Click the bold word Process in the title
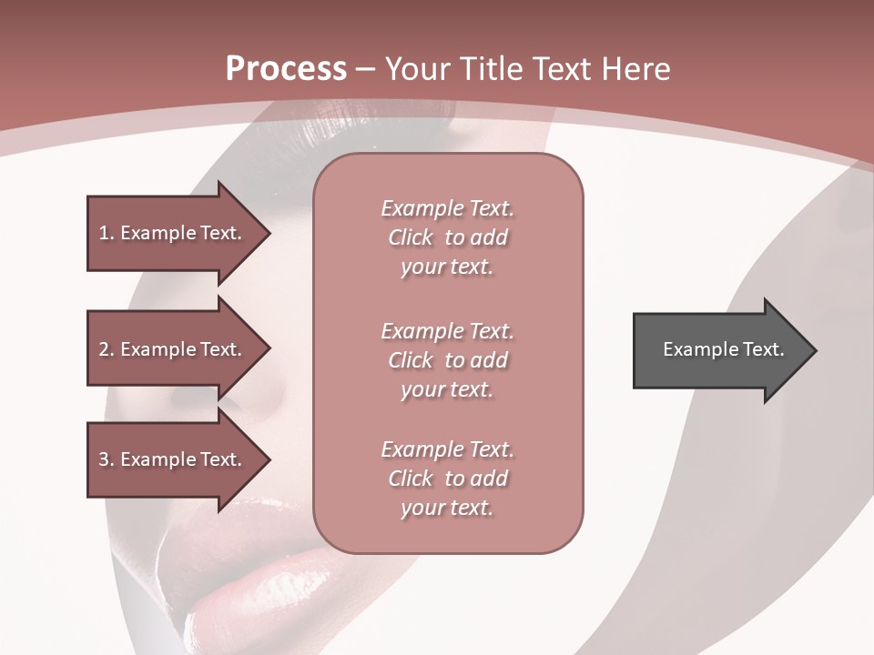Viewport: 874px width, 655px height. click(x=286, y=69)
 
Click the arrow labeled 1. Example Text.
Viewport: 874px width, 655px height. click(x=173, y=233)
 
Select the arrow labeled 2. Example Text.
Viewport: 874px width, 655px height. click(x=173, y=349)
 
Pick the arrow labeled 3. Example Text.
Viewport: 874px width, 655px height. click(x=173, y=459)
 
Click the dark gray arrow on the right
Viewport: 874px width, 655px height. click(x=719, y=350)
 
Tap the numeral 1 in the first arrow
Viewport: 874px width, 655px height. click(x=104, y=234)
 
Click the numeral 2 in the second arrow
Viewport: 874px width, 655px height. click(x=104, y=350)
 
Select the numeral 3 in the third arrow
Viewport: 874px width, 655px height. click(x=104, y=460)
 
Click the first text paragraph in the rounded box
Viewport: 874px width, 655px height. click(x=447, y=237)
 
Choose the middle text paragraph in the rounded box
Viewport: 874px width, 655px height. click(x=447, y=360)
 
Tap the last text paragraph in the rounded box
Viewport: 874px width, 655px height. click(x=447, y=479)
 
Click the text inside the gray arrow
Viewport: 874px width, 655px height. click(x=724, y=349)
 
